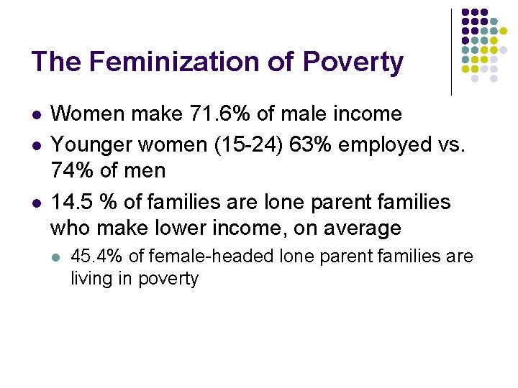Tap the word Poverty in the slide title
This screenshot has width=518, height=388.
pyautogui.click(x=353, y=63)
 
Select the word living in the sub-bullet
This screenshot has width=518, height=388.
pyautogui.click(x=90, y=279)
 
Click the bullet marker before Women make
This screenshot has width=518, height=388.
pyautogui.click(x=36, y=114)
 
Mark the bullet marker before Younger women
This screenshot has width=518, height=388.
pyautogui.click(x=36, y=144)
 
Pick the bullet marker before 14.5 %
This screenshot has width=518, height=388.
pyautogui.click(x=36, y=203)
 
